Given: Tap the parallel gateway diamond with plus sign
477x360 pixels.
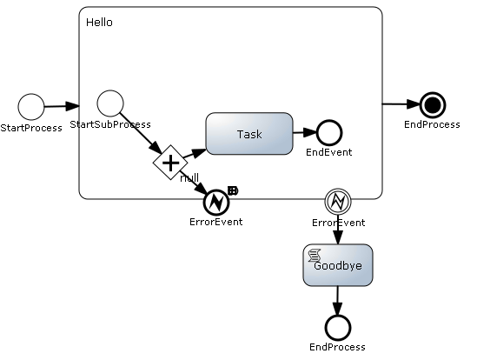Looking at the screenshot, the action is [x=170, y=163].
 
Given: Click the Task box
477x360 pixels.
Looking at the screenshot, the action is [x=249, y=134].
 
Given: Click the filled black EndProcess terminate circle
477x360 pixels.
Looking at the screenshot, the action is [x=433, y=104].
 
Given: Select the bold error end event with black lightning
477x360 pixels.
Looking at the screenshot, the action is [x=216, y=202].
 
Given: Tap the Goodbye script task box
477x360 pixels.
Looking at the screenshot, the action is [x=338, y=265].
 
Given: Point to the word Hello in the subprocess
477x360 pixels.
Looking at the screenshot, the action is [x=99, y=23].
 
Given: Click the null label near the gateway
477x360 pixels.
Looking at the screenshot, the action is [x=189, y=177].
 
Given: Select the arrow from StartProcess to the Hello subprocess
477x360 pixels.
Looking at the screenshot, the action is [x=62, y=106].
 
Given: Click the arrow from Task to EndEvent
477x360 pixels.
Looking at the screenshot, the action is [x=304, y=132].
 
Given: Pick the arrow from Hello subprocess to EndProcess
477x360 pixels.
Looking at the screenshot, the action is [x=401, y=104].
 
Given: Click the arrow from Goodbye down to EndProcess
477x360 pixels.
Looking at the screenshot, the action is [x=337, y=300].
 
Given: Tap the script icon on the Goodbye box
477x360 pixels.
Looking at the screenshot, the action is [x=315, y=256].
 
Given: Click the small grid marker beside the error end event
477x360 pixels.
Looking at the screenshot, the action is [x=233, y=191].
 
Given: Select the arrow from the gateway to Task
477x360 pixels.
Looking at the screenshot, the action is [x=195, y=154].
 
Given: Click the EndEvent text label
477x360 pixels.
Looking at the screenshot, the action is [x=328, y=152].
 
